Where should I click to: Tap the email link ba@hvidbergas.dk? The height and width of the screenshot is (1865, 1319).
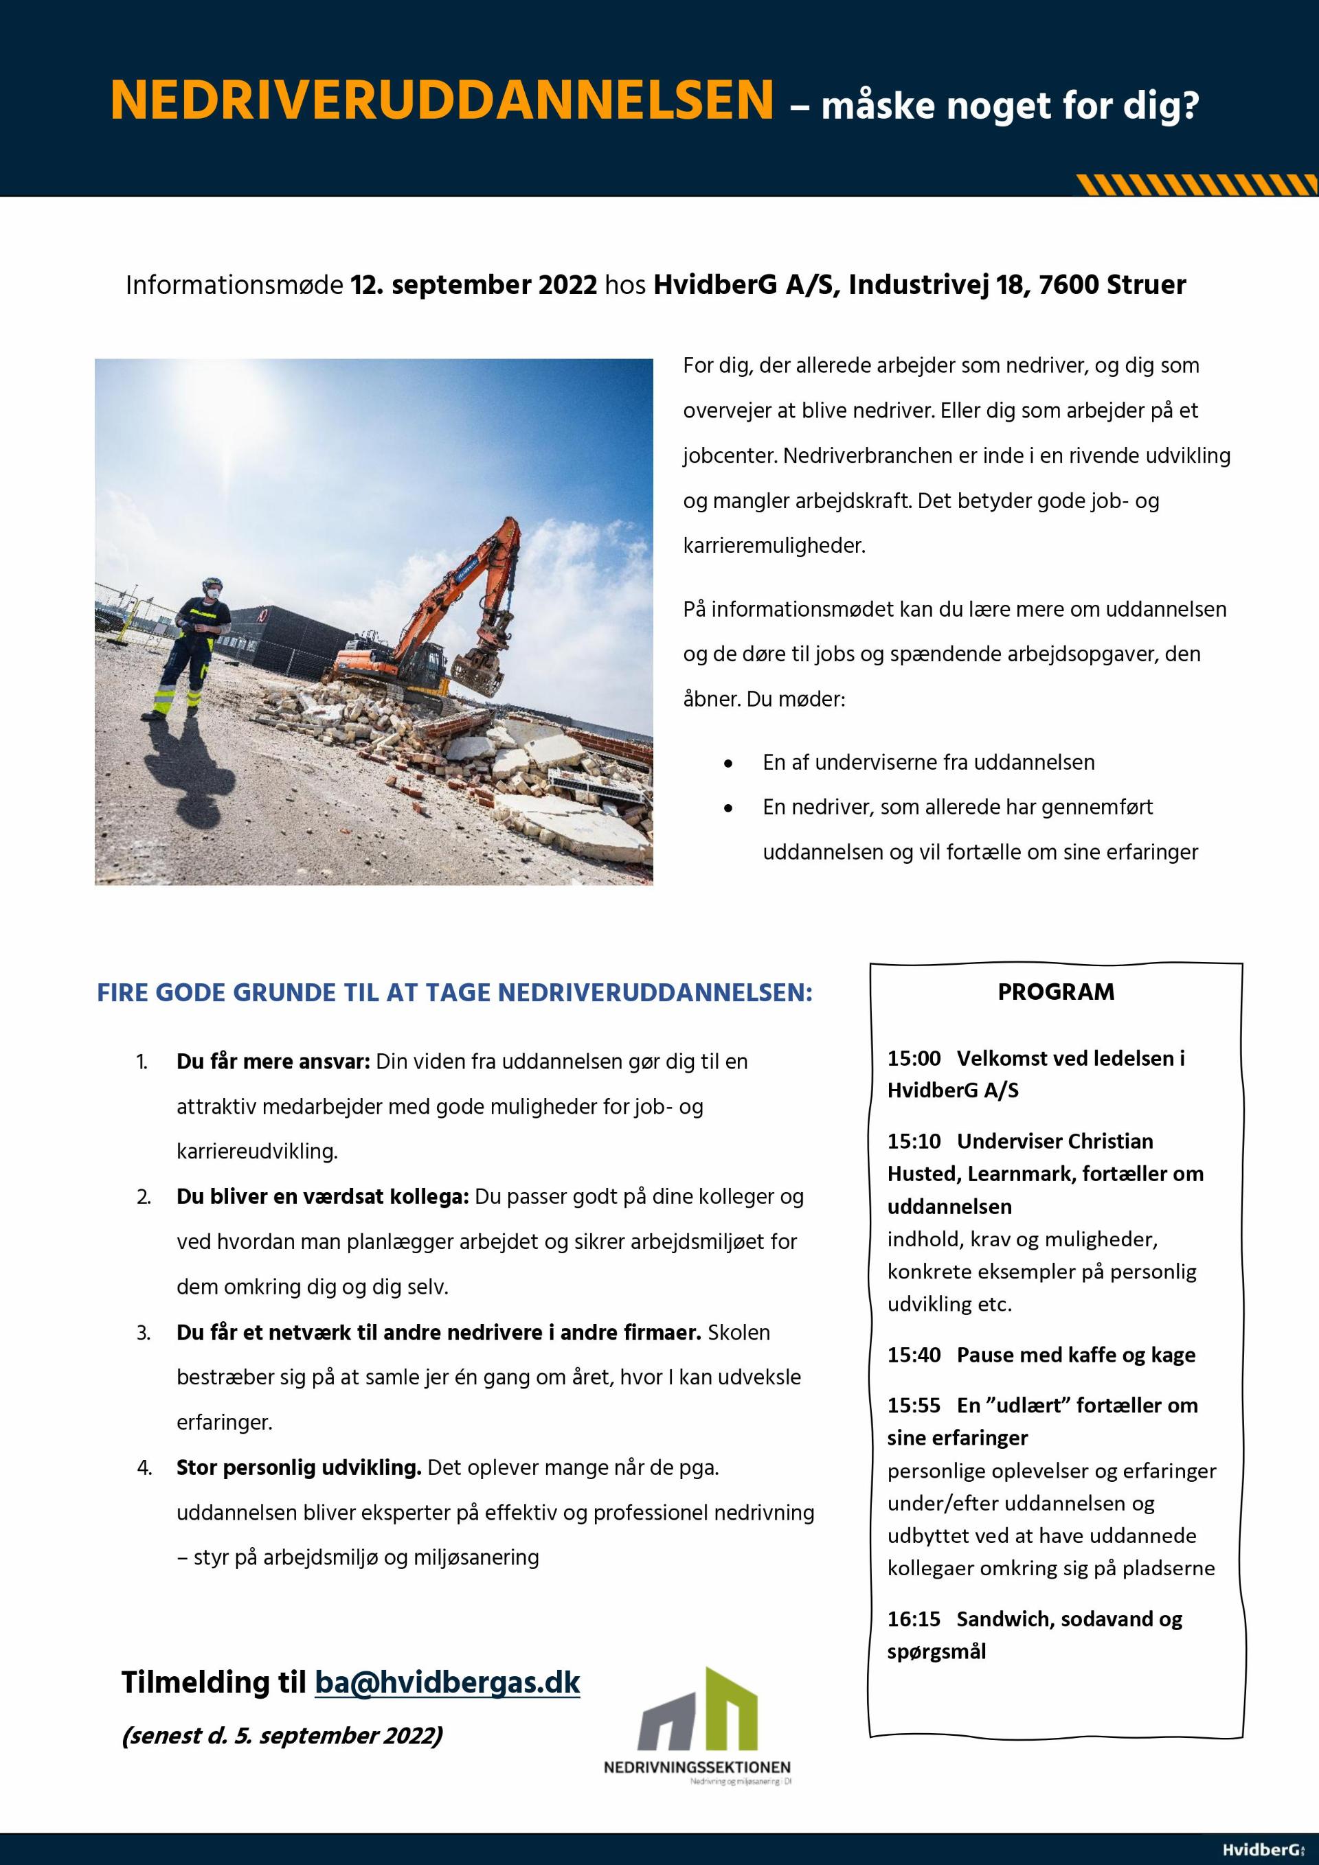coord(447,1682)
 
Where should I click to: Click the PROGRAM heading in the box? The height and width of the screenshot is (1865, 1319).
coord(1056,992)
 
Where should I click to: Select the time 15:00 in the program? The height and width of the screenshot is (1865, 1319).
coord(914,1058)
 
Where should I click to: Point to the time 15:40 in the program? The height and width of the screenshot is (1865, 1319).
coord(914,1355)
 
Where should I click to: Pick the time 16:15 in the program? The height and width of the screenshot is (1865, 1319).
coord(914,1619)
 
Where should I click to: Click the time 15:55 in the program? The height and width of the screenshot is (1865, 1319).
coord(914,1405)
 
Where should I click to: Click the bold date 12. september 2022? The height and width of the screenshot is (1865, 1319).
coord(474,285)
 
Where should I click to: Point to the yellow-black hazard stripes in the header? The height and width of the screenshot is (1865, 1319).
coord(1195,185)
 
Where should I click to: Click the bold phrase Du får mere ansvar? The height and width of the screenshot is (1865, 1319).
coord(273,1062)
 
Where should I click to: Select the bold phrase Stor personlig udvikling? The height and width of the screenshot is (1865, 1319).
coord(298,1468)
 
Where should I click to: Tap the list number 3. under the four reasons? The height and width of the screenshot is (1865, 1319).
coord(144,1333)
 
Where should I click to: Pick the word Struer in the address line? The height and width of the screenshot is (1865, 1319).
coord(1152,285)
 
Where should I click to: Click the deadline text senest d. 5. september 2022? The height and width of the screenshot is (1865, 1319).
coord(282,1736)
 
